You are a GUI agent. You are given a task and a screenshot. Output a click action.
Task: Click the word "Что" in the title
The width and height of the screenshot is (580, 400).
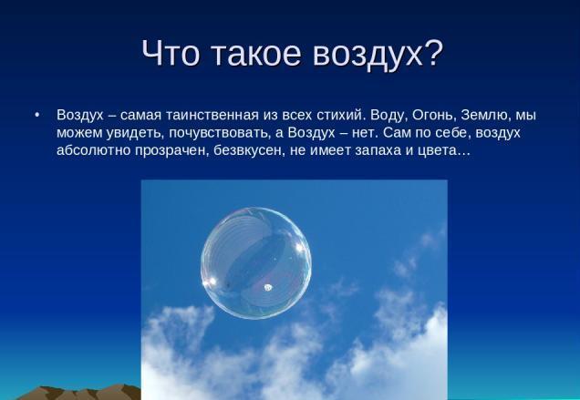[171, 53]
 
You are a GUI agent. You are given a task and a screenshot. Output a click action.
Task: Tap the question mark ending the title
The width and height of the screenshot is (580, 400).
[433, 53]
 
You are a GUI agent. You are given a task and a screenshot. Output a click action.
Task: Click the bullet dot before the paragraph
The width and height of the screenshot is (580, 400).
[36, 116]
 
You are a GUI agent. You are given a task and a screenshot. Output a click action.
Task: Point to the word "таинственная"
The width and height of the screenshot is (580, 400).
[212, 115]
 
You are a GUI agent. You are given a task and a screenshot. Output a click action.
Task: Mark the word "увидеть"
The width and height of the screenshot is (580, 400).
[135, 133]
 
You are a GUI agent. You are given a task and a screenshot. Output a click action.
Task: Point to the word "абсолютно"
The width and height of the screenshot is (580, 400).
[93, 150]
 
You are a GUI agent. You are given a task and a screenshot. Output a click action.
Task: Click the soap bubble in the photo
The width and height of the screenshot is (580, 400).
[256, 262]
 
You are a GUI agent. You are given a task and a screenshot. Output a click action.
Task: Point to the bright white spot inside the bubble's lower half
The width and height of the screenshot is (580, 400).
[268, 287]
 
